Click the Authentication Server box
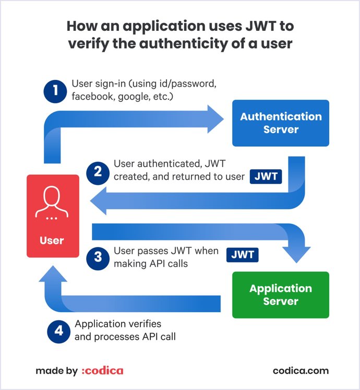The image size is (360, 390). pyautogui.click(x=281, y=123)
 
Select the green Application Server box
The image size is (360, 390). pyautogui.click(x=281, y=294)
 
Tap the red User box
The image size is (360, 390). pyautogui.click(x=52, y=216)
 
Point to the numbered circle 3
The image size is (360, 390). pyautogui.click(x=98, y=257)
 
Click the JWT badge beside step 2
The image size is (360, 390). pyautogui.click(x=266, y=176)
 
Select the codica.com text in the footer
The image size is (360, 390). pyautogui.click(x=301, y=371)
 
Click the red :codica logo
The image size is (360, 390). pyautogui.click(x=103, y=371)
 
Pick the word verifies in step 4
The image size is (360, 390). pyautogui.click(x=145, y=324)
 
